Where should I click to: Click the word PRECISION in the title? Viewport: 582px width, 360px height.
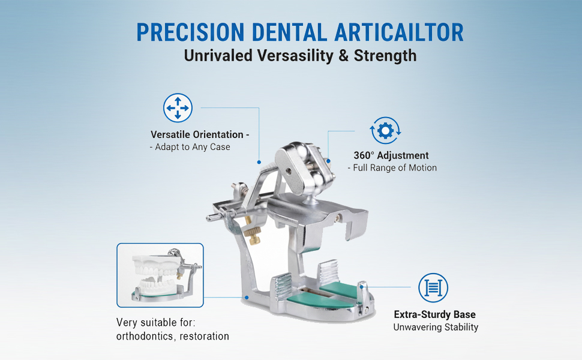pos(190,32)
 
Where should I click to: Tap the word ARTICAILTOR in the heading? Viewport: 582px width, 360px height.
pos(399,32)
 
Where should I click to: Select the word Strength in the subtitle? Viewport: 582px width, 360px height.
pos(385,56)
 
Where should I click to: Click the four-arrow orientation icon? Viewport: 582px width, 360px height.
pos(178,107)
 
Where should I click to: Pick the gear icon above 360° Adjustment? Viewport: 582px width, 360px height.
pos(385,131)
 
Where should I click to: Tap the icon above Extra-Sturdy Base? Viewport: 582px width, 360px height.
pos(433,287)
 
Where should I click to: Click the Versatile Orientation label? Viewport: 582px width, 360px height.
pos(200,134)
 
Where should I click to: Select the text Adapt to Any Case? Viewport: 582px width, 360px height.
pos(192,147)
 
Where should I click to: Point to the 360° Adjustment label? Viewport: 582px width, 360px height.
pos(391,155)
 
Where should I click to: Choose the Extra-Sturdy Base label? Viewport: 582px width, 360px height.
pos(434,314)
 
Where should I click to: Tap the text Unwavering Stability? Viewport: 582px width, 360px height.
pos(436,327)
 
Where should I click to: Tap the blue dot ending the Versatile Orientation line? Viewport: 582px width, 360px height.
pos(259,162)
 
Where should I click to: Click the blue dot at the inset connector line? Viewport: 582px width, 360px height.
pos(247,297)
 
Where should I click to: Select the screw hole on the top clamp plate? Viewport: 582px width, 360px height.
pos(289,171)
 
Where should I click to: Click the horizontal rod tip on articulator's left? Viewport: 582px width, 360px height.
pos(209,218)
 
